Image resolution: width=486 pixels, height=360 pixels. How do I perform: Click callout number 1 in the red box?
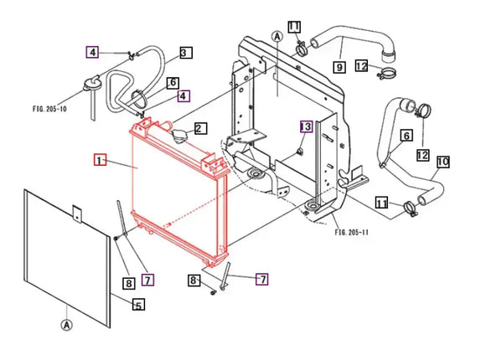(100, 159)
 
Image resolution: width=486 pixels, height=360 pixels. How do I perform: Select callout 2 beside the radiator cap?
(199, 129)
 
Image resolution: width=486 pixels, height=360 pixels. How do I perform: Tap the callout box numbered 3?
(184, 53)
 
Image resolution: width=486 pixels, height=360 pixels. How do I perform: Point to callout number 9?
(339, 66)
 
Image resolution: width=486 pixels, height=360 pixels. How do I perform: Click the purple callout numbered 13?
(306, 126)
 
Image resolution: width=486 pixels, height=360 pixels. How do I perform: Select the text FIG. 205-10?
(49, 108)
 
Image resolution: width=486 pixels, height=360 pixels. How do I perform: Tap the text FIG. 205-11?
(351, 232)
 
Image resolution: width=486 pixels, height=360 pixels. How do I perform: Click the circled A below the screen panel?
(65, 322)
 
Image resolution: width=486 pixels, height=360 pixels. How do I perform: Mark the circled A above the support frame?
(277, 36)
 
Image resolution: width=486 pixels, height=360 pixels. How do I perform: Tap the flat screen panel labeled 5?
(67, 251)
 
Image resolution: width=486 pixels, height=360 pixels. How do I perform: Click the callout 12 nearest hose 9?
(361, 66)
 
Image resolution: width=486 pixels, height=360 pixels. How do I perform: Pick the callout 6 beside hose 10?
(406, 136)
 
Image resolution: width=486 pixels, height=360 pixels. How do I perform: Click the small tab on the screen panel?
(76, 213)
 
